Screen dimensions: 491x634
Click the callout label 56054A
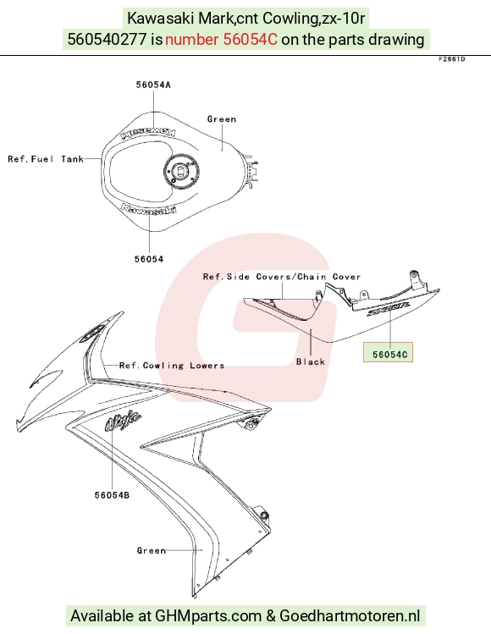click(153, 85)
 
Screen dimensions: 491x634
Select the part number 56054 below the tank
click(149, 259)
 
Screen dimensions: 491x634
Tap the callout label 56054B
click(112, 495)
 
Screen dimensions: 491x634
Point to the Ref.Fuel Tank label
click(46, 159)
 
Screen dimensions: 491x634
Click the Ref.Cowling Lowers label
click(172, 366)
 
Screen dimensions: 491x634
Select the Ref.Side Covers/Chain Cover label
click(282, 277)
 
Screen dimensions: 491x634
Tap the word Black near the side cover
click(311, 362)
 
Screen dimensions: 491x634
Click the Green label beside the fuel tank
click(222, 119)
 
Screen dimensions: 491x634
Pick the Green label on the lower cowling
click(152, 550)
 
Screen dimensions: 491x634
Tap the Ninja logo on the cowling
click(123, 421)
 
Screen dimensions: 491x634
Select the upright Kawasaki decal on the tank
click(149, 208)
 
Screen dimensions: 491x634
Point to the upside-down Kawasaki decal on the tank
click(149, 132)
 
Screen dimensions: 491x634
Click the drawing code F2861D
click(452, 59)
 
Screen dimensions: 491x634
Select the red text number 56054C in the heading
click(222, 39)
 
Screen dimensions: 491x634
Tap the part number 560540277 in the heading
click(107, 39)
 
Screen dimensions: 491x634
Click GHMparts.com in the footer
click(208, 616)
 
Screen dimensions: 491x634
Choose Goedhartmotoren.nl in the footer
click(350, 616)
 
